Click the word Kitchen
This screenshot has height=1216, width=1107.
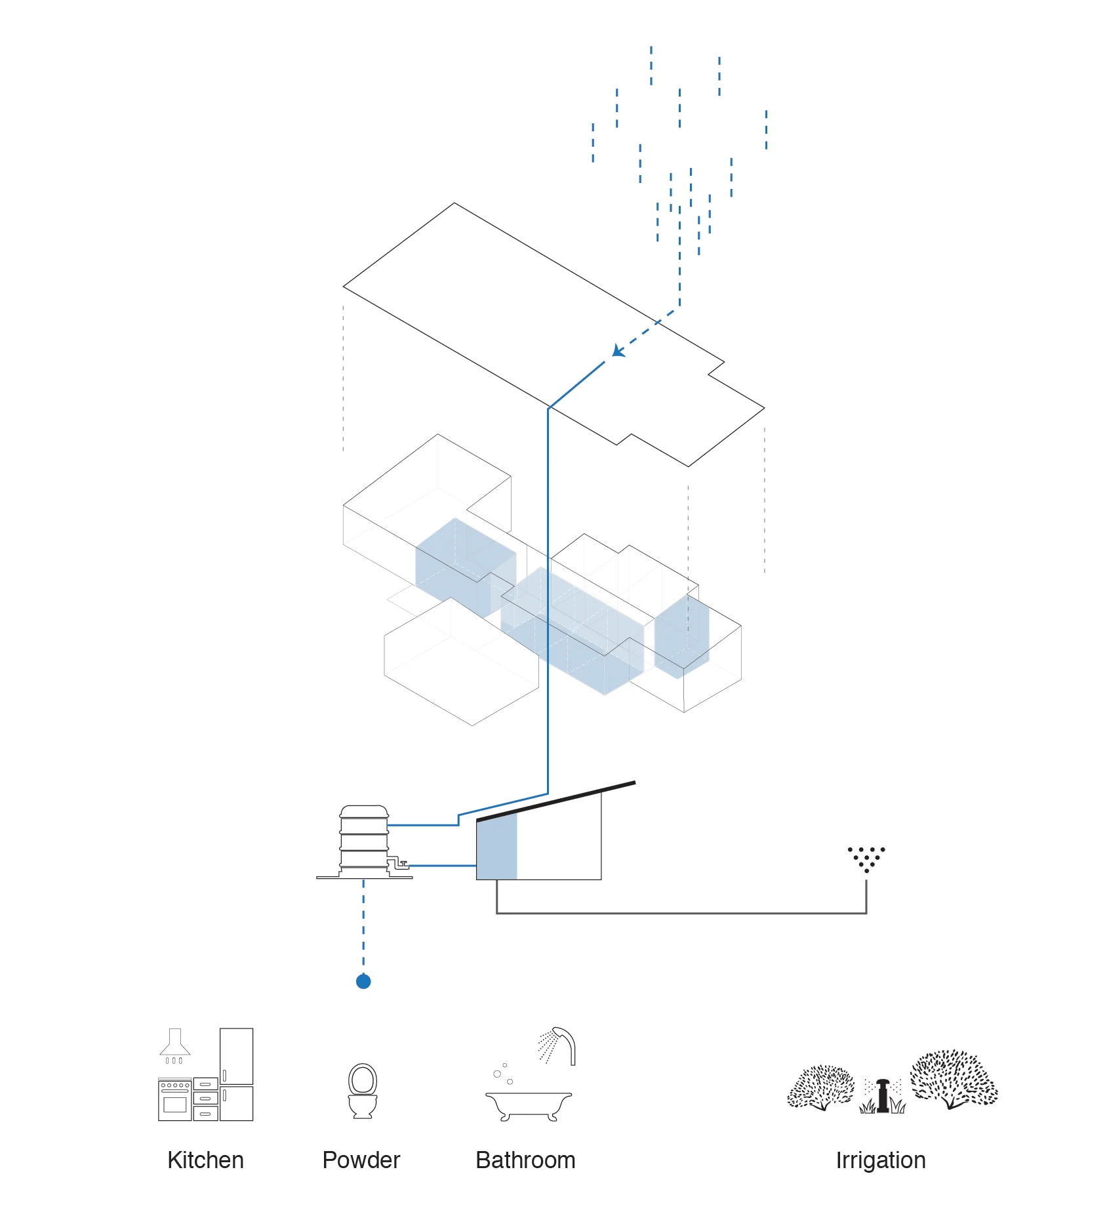tap(205, 1160)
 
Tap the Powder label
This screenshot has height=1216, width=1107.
tap(361, 1160)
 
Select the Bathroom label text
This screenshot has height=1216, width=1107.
tap(525, 1160)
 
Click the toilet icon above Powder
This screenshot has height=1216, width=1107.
tap(363, 1091)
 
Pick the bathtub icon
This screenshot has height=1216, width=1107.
tap(529, 1106)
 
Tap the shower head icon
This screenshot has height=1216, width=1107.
tap(558, 1045)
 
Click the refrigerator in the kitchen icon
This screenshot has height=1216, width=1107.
tap(236, 1074)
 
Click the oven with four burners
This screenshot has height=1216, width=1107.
tap(175, 1099)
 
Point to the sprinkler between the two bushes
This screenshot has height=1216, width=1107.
tap(883, 1095)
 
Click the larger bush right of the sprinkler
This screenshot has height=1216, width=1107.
tap(954, 1079)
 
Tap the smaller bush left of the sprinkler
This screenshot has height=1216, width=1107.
tap(820, 1087)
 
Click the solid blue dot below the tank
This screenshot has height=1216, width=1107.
tap(363, 981)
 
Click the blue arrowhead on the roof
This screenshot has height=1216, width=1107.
tap(618, 351)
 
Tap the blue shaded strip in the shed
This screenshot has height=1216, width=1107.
tap(496, 847)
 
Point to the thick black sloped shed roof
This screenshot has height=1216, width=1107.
tap(555, 801)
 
